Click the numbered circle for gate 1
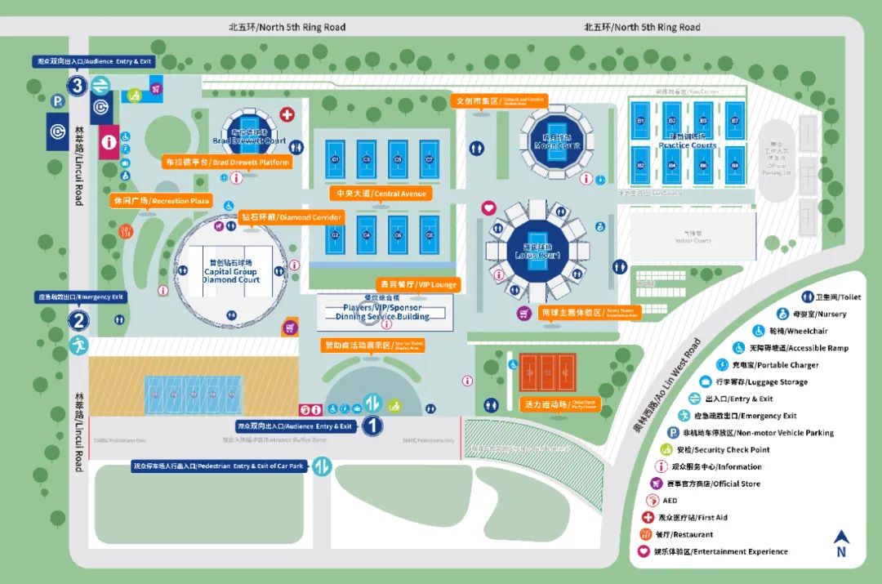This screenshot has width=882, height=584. [x=372, y=425]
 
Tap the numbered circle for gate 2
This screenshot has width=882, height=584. [x=78, y=321]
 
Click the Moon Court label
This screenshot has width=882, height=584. [x=557, y=142]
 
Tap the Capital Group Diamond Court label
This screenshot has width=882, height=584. [x=230, y=270]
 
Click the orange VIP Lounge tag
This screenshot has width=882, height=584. [x=417, y=285]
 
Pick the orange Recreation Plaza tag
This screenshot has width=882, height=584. [x=161, y=201]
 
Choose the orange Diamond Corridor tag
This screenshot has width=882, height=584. [x=292, y=218]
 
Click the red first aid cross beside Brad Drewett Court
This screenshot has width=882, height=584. [x=287, y=114]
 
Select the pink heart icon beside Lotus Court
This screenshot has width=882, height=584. [x=488, y=208]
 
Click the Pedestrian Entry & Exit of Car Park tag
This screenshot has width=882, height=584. [x=218, y=466]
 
